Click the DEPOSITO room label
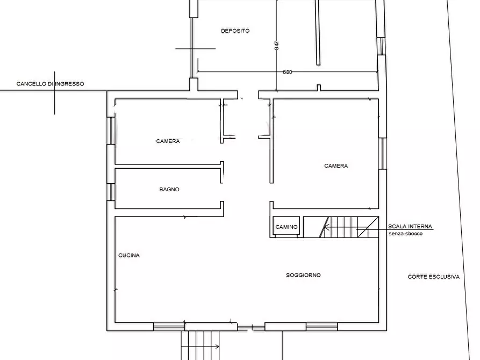[235, 31]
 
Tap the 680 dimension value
[288, 72]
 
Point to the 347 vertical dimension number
[277, 46]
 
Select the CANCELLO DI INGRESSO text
[50, 84]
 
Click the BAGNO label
[169, 190]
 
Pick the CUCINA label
[129, 255]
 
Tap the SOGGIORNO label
[303, 275]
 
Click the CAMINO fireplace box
[286, 227]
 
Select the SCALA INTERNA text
[410, 227]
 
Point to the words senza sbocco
[406, 234]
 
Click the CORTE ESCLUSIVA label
[433, 277]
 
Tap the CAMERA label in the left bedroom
[168, 141]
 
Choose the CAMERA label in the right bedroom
[336, 166]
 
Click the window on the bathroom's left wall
[111, 192]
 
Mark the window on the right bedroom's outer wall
[383, 153]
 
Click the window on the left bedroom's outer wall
[111, 131]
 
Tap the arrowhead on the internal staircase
[326, 227]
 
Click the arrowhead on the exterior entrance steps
[217, 347]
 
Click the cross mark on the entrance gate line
[54, 91]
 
